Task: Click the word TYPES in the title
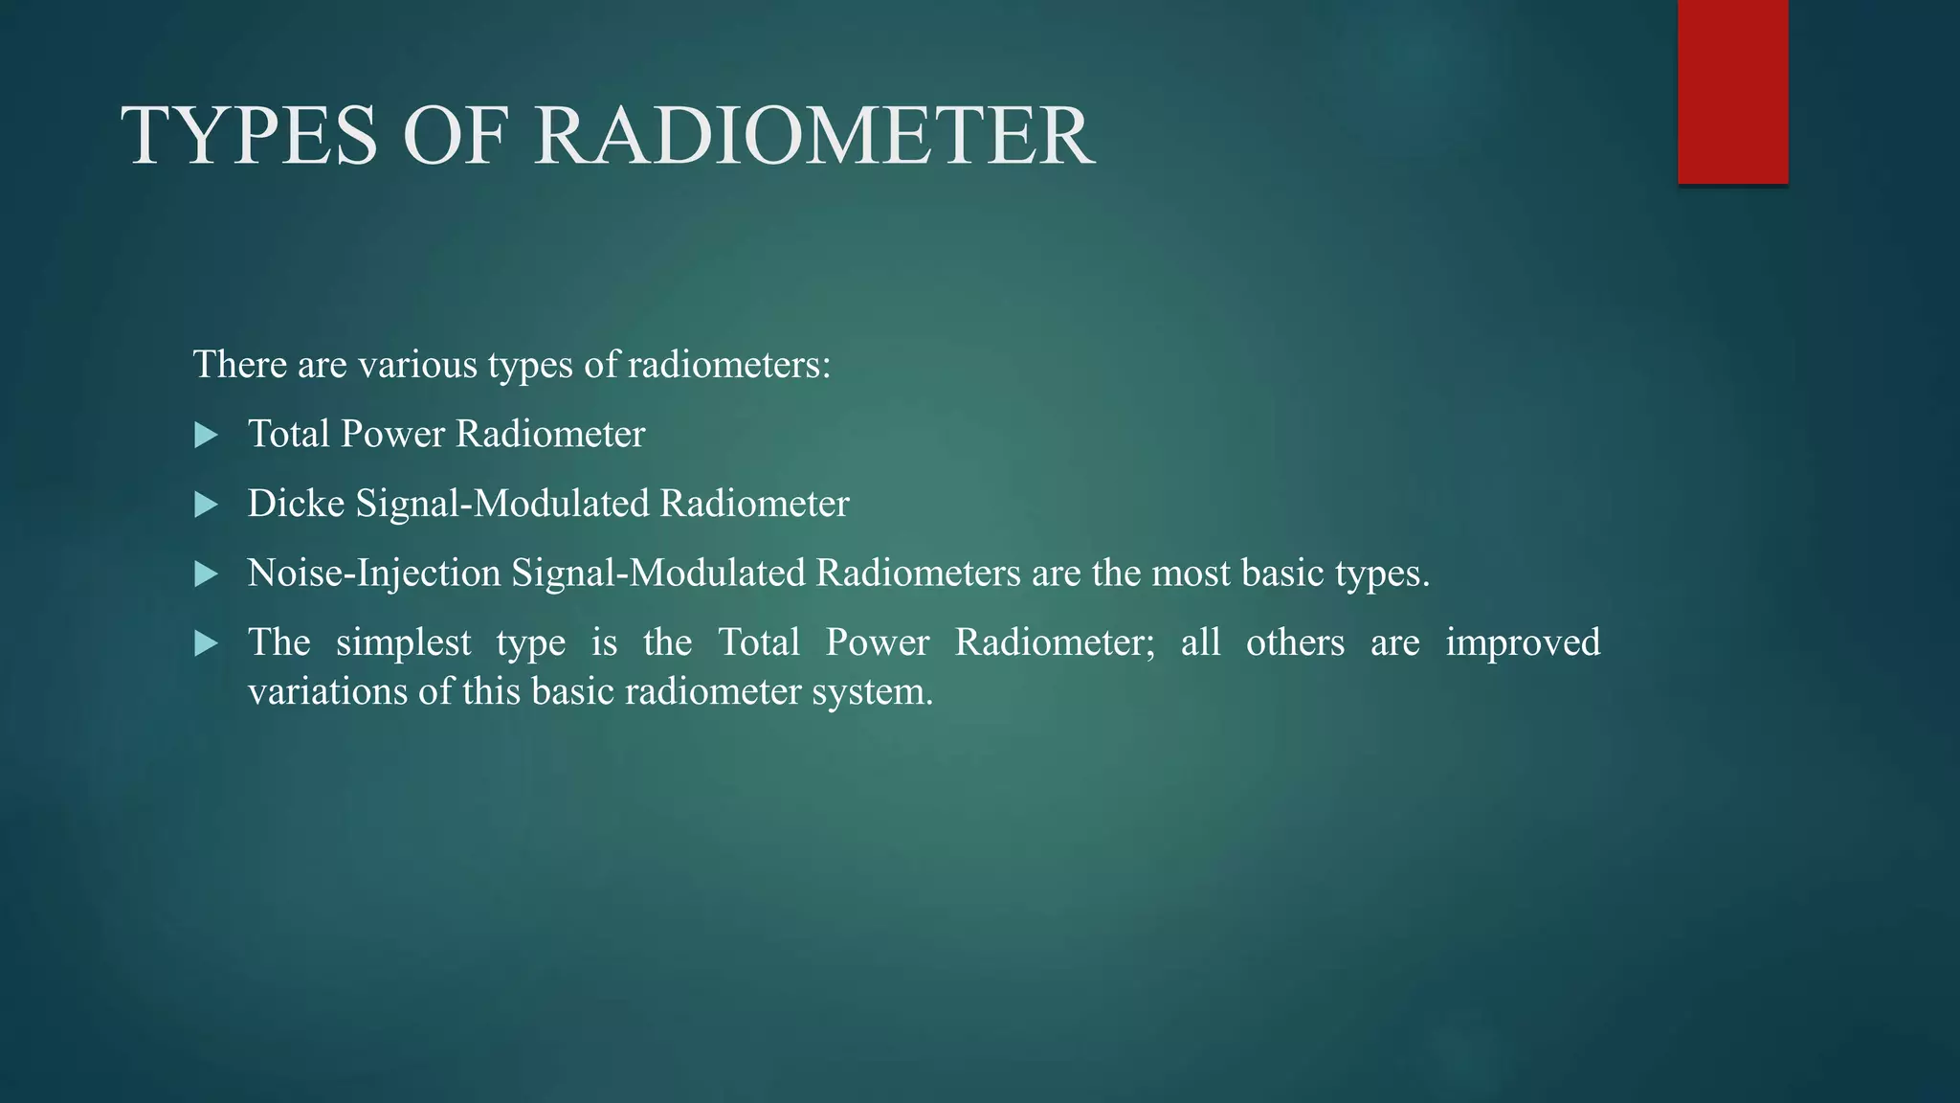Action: point(250,136)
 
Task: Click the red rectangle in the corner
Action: point(1732,91)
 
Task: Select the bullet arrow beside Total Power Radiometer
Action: point(206,436)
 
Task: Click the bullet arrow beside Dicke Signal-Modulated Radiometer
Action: point(206,505)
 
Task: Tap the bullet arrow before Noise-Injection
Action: point(206,574)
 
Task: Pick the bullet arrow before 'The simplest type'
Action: point(206,643)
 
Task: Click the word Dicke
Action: point(296,504)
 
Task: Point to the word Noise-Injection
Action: point(374,574)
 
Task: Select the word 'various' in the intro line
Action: point(417,365)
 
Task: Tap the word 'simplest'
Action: point(403,643)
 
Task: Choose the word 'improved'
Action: point(1523,643)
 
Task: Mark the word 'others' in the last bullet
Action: point(1295,642)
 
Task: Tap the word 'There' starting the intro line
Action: point(240,365)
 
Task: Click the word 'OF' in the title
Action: point(456,136)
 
